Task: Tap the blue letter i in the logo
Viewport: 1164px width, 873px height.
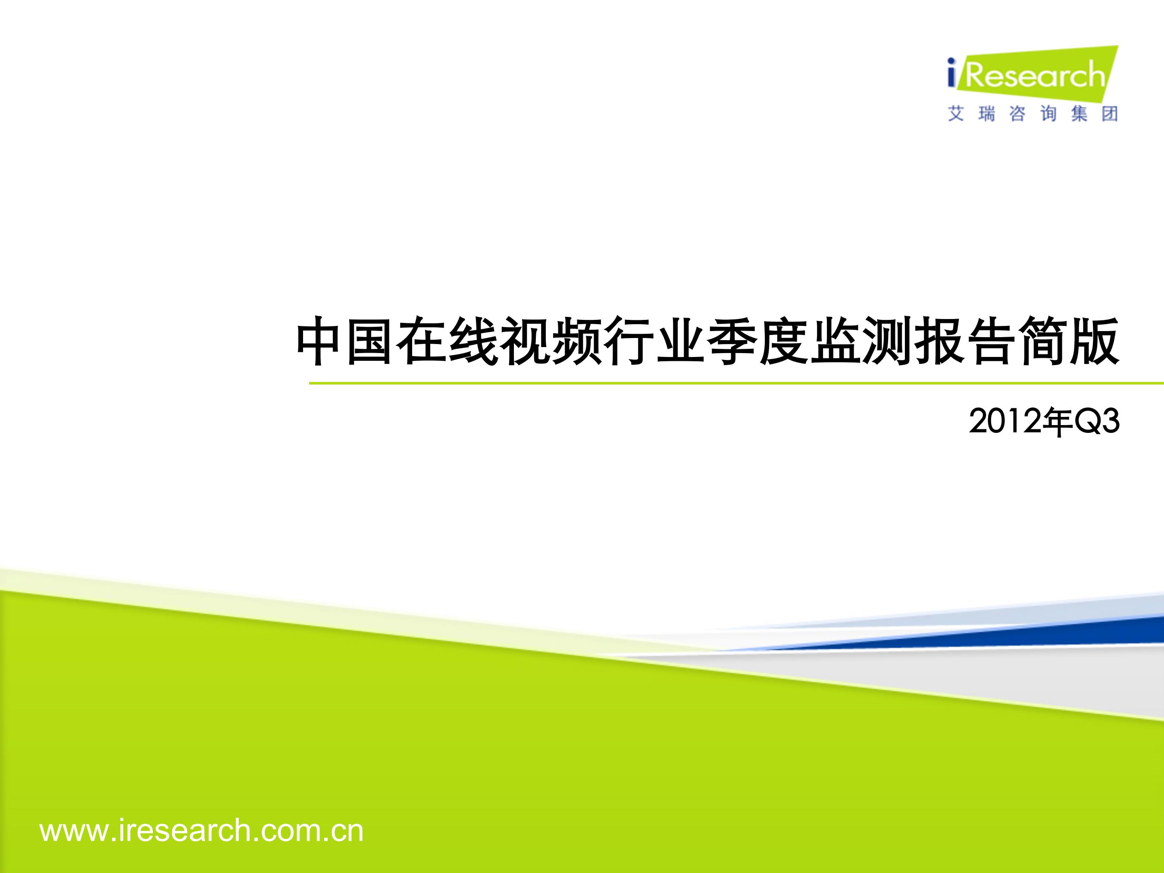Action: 951,73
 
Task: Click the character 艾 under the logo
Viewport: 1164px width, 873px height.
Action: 956,113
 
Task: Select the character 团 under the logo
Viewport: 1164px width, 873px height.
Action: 1110,113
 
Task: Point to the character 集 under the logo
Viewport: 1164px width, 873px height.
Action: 1079,113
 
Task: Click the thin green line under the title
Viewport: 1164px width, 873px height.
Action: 736,383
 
